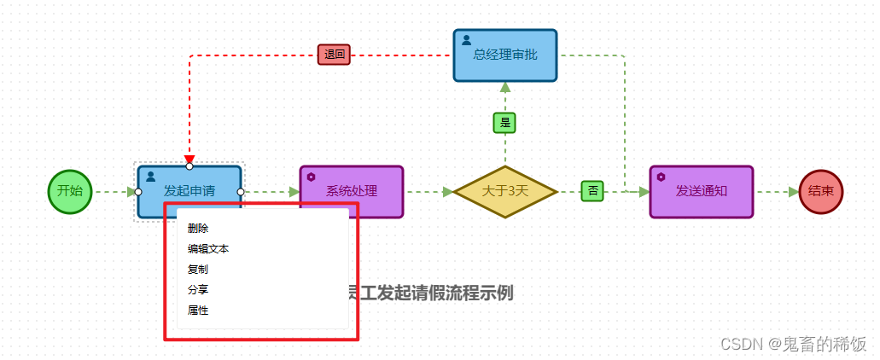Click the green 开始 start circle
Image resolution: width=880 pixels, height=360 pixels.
pyautogui.click(x=70, y=191)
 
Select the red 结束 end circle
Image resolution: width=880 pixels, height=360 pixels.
pyautogui.click(x=821, y=191)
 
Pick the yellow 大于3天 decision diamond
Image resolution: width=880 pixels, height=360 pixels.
pyautogui.click(x=505, y=191)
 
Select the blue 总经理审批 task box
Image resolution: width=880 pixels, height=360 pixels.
pyautogui.click(x=505, y=55)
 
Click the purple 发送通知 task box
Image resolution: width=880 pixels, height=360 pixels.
pyautogui.click(x=702, y=191)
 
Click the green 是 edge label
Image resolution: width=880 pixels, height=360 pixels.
pyautogui.click(x=504, y=123)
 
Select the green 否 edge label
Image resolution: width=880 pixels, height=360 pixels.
pyautogui.click(x=592, y=190)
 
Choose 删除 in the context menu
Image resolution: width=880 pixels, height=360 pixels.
pyautogui.click(x=198, y=229)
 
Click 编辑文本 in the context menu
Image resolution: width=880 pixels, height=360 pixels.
pyautogui.click(x=208, y=249)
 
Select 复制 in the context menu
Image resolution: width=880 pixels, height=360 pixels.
pyautogui.click(x=198, y=270)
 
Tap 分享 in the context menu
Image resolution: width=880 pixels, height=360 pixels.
pyautogui.click(x=198, y=290)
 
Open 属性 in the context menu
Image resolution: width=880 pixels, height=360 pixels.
pyautogui.click(x=198, y=311)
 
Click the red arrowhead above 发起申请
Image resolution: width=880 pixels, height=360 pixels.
pyautogui.click(x=189, y=160)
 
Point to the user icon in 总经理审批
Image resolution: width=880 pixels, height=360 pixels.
pyautogui.click(x=467, y=39)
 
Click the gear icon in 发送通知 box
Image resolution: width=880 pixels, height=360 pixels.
pyautogui.click(x=661, y=177)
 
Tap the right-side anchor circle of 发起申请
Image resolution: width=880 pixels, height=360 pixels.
pyautogui.click(x=241, y=192)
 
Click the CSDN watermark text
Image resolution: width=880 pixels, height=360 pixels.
pyautogui.click(x=793, y=344)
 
